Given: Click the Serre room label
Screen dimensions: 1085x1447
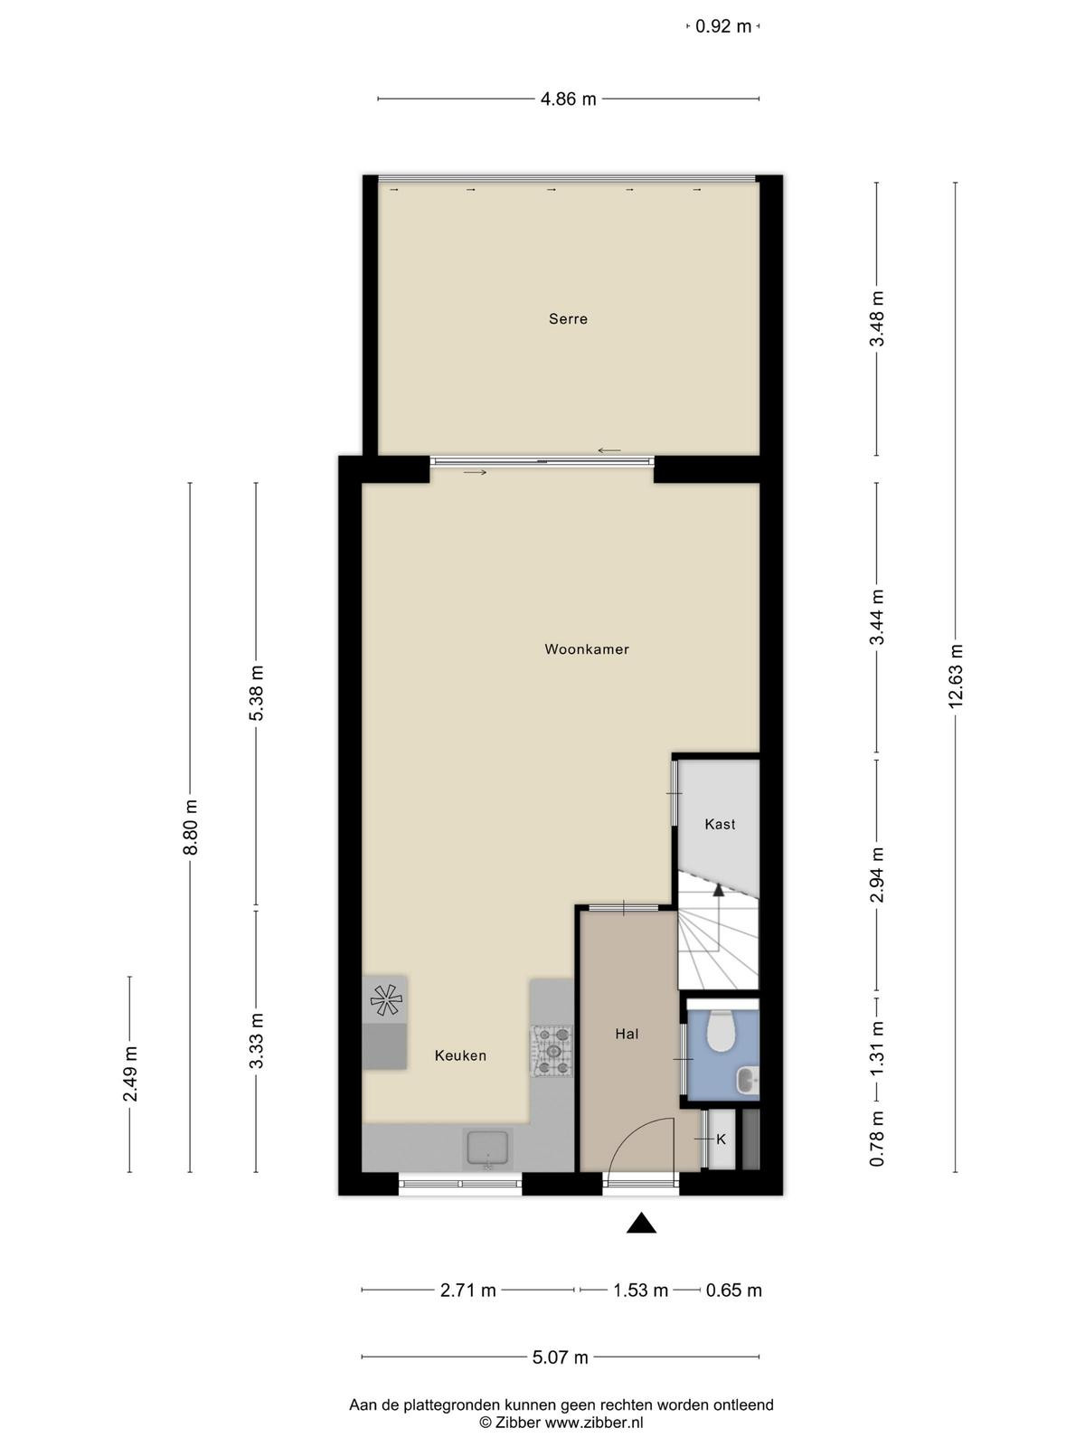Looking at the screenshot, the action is (568, 319).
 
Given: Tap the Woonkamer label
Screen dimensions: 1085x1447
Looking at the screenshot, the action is (586, 649).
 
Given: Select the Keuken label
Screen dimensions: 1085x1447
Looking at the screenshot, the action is (460, 1055).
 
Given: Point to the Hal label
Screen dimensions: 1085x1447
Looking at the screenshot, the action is (627, 1034).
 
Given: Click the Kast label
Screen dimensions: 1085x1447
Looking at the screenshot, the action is (720, 824).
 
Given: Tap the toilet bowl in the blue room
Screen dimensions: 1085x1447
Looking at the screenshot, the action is (720, 1031).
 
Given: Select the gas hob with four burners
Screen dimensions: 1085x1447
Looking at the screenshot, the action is (552, 1052).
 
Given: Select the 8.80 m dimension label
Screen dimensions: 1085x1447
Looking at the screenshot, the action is (191, 828).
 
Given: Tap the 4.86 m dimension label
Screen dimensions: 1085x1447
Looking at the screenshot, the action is (568, 99).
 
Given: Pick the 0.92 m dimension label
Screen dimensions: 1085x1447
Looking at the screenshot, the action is (723, 26).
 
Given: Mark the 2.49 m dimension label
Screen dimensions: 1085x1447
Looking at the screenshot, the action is (130, 1073).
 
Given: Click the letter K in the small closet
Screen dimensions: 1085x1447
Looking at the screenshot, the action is (721, 1140).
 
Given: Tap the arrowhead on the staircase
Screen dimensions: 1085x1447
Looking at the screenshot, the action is (718, 890).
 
